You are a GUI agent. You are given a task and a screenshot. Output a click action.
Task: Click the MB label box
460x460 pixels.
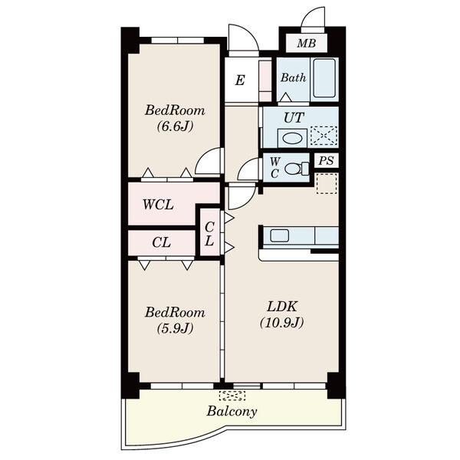(x=306, y=44)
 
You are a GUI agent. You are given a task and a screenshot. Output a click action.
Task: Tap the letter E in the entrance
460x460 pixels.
(x=240, y=80)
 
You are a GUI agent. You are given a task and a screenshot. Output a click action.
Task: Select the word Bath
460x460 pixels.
(x=293, y=77)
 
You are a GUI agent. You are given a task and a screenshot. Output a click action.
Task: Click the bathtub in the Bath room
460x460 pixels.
(x=324, y=78)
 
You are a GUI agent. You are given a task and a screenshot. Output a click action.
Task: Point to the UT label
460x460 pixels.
(x=294, y=118)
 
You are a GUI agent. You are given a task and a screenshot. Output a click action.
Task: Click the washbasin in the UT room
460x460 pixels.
(x=292, y=138)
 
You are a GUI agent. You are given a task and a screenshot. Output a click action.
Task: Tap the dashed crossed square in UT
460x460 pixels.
(x=324, y=136)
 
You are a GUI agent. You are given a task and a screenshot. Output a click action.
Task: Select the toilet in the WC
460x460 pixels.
(x=297, y=169)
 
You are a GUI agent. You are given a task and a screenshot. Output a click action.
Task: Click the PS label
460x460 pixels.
(x=327, y=160)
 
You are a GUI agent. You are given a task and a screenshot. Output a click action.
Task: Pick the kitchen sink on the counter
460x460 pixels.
(x=279, y=235)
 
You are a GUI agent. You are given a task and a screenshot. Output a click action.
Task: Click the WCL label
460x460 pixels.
(x=158, y=205)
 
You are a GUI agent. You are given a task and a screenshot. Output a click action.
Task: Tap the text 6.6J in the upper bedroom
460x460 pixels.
(x=175, y=127)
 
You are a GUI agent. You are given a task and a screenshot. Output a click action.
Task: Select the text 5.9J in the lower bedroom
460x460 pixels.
(x=175, y=328)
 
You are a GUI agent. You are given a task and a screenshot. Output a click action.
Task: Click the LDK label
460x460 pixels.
(x=281, y=307)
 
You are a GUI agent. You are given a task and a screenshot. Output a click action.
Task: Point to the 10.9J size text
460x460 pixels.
(x=281, y=323)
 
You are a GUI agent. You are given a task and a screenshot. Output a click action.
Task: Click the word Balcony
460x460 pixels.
(x=232, y=411)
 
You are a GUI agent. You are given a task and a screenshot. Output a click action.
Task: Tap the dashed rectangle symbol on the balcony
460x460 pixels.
(x=232, y=396)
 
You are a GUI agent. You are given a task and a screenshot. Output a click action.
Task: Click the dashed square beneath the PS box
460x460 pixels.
(x=327, y=183)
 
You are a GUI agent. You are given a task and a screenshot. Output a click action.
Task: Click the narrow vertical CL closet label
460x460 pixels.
(x=209, y=234)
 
